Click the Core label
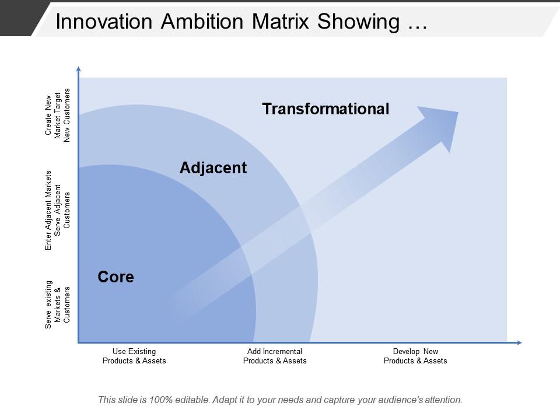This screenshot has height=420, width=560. coord(116,277)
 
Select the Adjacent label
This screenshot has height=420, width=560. coord(213,168)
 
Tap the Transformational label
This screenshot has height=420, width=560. coord(325,109)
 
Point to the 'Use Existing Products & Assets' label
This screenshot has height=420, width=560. coord(134,356)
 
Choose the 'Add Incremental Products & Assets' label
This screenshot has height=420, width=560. coord(275,356)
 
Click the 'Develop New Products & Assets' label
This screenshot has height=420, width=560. coord(415,356)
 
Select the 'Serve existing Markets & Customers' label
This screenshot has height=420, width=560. coord(58,304)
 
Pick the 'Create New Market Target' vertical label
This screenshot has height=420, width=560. coord(58,114)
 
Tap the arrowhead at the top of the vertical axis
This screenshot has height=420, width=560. coord(78,68)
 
